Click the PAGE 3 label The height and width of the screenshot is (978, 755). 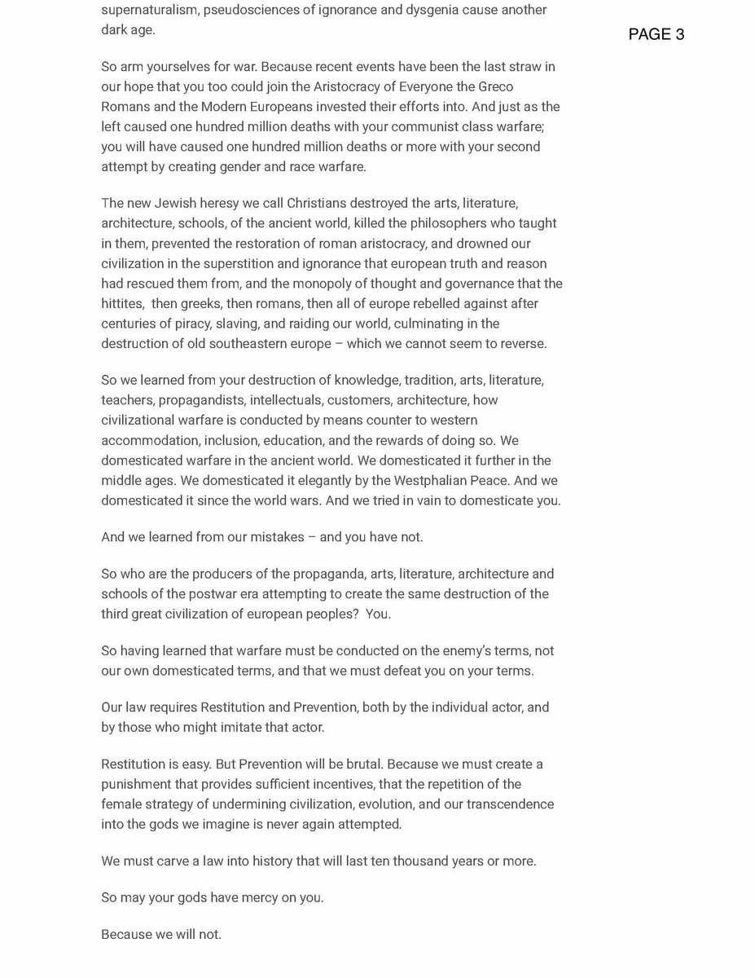click(656, 34)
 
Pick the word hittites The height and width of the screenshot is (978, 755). click(122, 303)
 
